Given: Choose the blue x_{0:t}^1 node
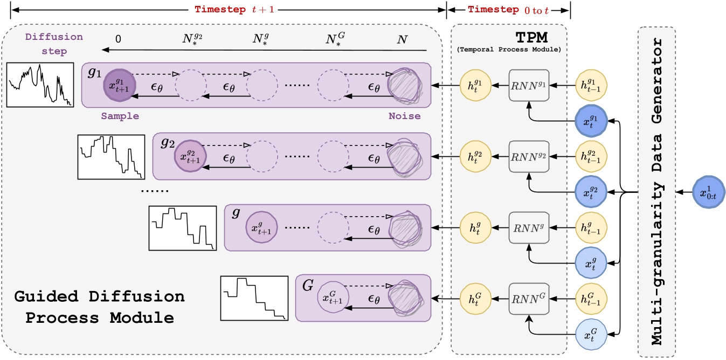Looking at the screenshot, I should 707,191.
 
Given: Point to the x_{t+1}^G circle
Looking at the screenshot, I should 333,296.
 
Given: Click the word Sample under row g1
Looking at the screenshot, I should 120,115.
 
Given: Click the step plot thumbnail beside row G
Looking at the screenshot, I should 254,297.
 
